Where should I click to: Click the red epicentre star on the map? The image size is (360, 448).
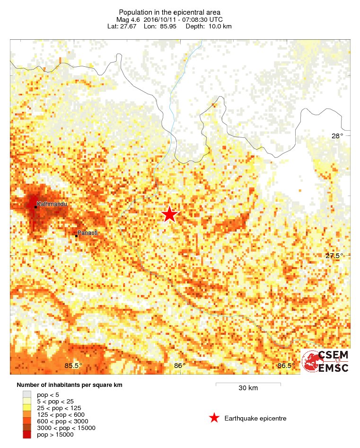point(169,214)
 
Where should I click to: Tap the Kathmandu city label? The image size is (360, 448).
point(52,204)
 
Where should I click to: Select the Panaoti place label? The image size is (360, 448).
point(88,233)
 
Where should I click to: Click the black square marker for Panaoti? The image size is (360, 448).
point(76,235)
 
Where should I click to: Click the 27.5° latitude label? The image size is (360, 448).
point(334,256)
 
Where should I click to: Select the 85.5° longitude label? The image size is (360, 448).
point(73,365)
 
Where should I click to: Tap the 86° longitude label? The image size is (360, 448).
point(180,365)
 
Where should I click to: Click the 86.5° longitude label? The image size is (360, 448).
point(287,365)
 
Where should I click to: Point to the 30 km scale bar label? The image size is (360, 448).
point(248,388)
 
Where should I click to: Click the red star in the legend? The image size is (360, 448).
point(214,418)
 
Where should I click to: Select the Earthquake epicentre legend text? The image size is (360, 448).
point(255,418)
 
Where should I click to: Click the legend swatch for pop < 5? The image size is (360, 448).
point(27,394)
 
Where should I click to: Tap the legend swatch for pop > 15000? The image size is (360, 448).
point(27,434)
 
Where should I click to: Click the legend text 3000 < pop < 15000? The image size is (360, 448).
point(66,428)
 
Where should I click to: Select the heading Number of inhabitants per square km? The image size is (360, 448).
point(70,385)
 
